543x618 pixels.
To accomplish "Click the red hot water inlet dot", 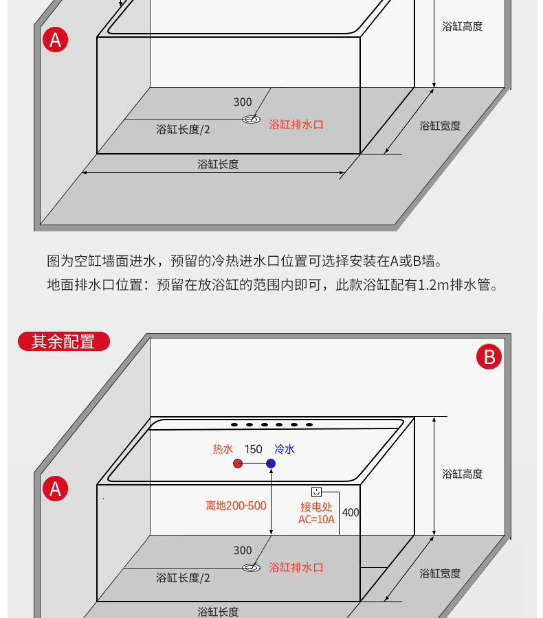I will [x=237, y=463].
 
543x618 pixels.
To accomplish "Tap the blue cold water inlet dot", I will [x=271, y=463].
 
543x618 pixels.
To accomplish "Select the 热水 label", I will [x=223, y=449].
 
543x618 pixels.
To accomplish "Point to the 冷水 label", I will [x=285, y=449].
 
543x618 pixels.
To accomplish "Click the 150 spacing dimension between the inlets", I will [x=253, y=449].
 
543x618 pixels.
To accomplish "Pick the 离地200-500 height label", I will [x=236, y=506].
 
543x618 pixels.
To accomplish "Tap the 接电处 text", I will [x=316, y=507].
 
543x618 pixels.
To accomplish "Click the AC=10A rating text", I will [x=316, y=520].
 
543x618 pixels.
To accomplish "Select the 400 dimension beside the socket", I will [x=351, y=512].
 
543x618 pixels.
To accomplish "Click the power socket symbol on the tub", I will [x=317, y=492].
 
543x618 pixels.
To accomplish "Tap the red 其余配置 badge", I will [x=63, y=341].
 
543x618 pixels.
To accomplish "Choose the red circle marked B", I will [x=489, y=357].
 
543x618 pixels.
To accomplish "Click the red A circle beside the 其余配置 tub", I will [x=55, y=488].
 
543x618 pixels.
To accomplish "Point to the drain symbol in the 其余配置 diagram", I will [x=251, y=567].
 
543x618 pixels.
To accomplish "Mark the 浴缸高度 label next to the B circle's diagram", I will [x=462, y=474].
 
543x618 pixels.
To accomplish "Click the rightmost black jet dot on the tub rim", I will [x=309, y=425].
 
